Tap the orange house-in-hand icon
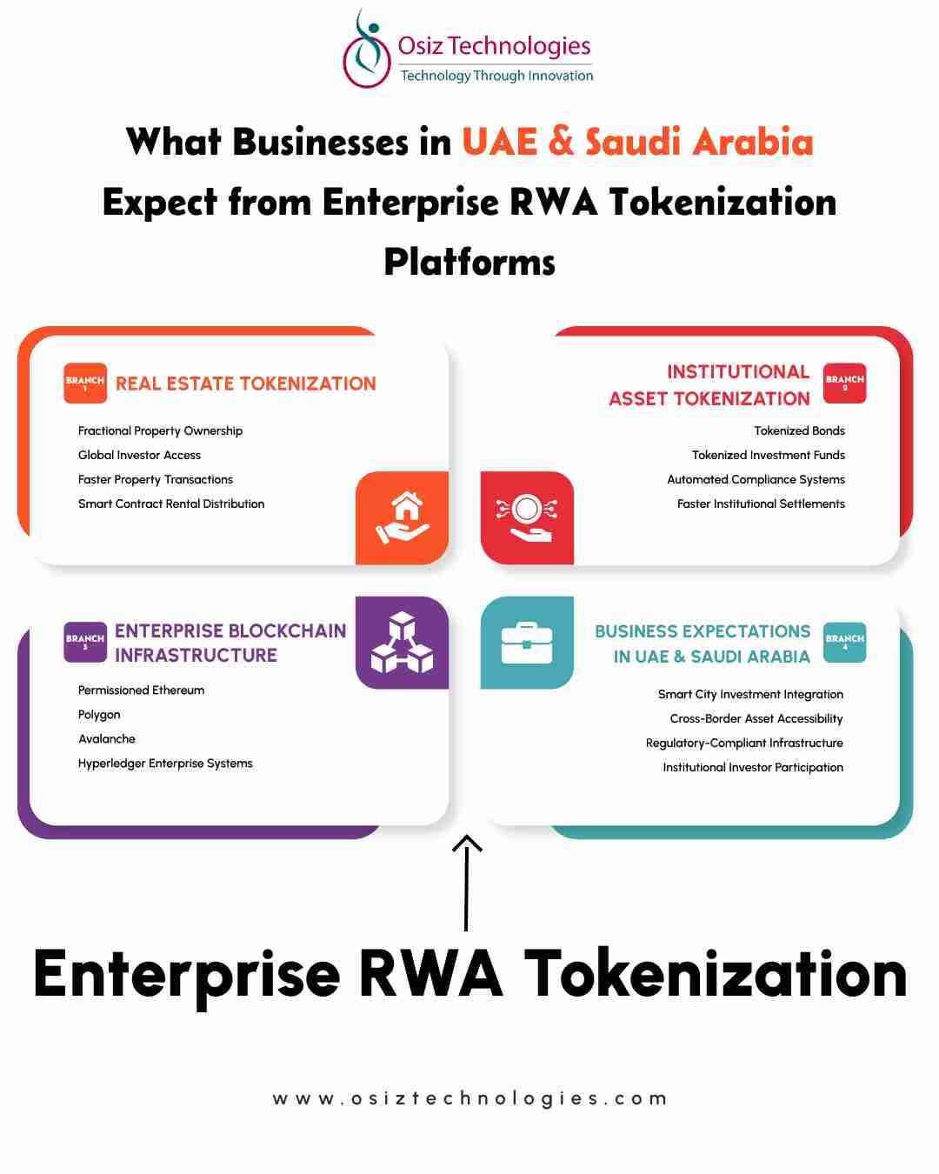tap(402, 517)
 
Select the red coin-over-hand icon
tap(527, 517)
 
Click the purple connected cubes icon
tap(402, 642)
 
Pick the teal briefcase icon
tap(527, 643)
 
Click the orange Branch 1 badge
tap(85, 383)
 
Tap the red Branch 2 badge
tap(844, 383)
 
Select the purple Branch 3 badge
tap(85, 642)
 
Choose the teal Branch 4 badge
tap(844, 642)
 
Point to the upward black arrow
tap(467, 883)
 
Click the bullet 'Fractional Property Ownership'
tap(160, 431)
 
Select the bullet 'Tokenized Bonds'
tap(799, 431)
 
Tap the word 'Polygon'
tap(99, 715)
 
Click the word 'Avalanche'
tap(107, 738)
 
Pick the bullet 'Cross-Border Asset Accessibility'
tap(756, 718)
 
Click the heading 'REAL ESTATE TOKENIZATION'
tap(246, 384)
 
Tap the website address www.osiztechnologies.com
tap(469, 1098)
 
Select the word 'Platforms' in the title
tap(469, 262)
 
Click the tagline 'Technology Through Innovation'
tap(497, 76)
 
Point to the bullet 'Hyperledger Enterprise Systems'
tap(165, 764)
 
